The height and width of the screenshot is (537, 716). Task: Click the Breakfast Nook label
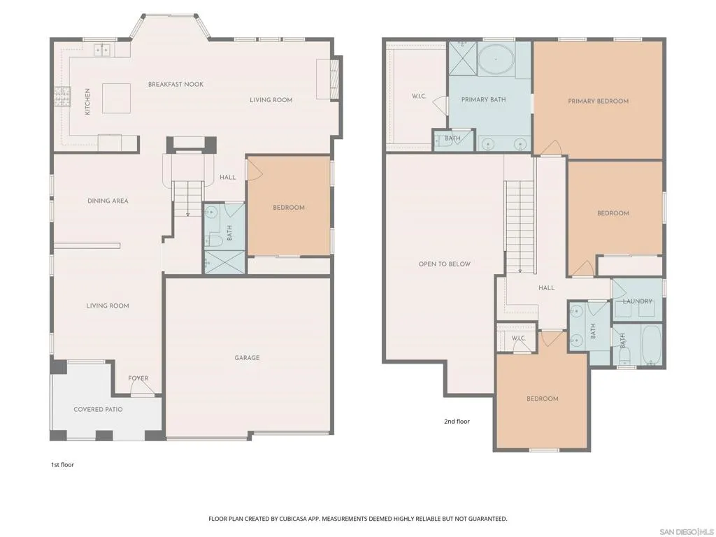coord(176,85)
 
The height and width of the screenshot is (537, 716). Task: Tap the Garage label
coord(247,358)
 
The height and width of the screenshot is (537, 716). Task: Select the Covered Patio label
coord(98,410)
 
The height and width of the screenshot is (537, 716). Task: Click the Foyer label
coord(138,378)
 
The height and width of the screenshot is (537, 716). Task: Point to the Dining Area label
coord(108,201)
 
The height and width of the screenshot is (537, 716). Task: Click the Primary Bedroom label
coord(599,101)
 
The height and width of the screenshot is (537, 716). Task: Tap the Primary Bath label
coord(484,99)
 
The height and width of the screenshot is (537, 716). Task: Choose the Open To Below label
coord(444,264)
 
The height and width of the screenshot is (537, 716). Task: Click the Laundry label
coord(638,301)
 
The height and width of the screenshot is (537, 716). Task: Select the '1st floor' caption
coord(62,465)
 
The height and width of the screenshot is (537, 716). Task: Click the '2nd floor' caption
coord(457,422)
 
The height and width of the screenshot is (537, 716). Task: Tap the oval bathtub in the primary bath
coord(496,59)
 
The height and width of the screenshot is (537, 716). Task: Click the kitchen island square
coord(116,98)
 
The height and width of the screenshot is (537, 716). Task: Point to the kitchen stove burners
coord(62,96)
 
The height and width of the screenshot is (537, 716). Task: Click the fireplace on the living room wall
coord(336,79)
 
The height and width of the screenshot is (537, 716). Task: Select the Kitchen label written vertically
coord(87,101)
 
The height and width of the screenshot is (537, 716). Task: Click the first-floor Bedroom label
coord(289,208)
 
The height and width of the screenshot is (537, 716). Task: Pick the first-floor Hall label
coord(227,177)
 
